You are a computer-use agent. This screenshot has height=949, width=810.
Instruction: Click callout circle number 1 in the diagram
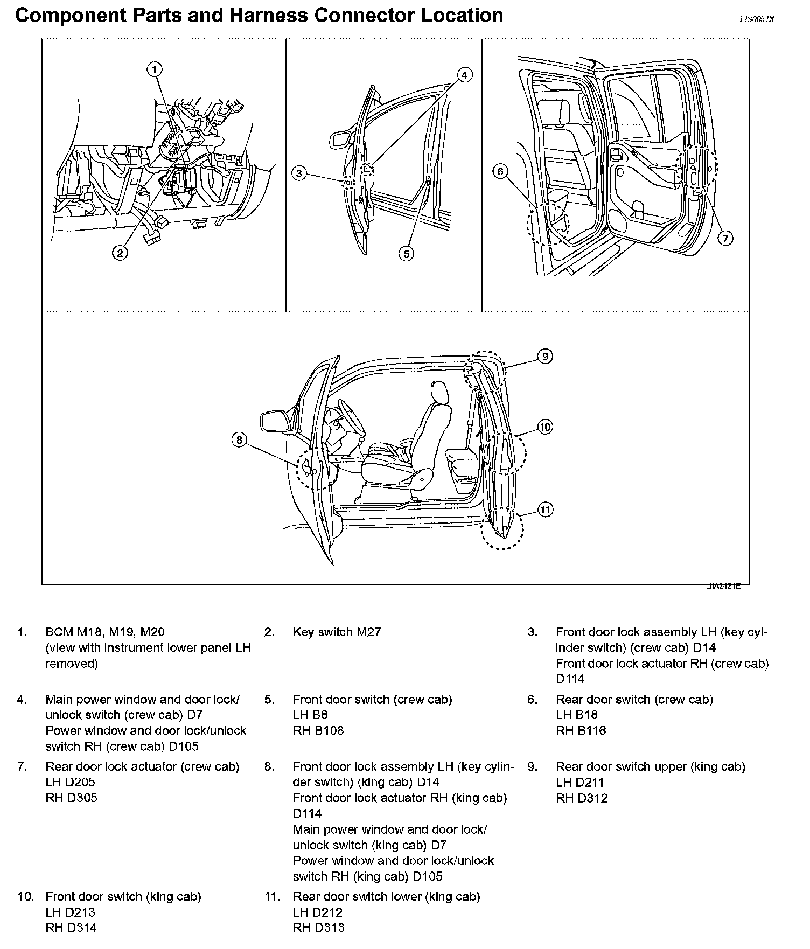click(154, 69)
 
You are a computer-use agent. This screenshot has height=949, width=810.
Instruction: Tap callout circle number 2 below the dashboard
click(120, 252)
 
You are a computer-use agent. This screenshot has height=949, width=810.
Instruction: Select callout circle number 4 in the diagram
click(465, 75)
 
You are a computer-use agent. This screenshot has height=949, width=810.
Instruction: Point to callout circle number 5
click(407, 253)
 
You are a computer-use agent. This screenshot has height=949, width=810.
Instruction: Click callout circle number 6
click(500, 171)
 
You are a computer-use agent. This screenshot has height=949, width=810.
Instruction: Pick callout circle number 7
click(725, 238)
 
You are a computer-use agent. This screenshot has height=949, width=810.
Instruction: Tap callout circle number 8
click(239, 441)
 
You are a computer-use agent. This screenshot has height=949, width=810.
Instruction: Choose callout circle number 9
click(545, 357)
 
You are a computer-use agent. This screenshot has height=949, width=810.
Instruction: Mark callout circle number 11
click(546, 510)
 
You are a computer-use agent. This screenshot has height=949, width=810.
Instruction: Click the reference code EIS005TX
click(757, 19)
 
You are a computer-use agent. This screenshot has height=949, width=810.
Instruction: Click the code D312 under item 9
click(592, 798)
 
